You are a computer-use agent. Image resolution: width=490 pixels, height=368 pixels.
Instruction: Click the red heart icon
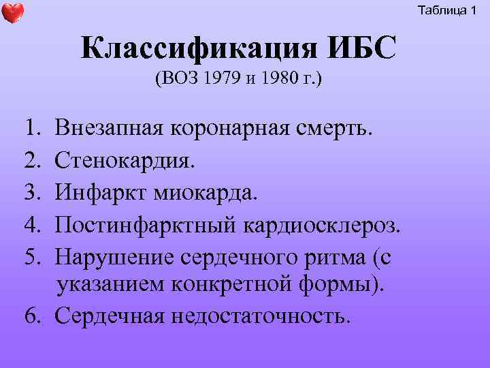click(13, 13)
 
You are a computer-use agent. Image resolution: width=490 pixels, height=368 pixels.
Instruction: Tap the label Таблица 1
click(447, 10)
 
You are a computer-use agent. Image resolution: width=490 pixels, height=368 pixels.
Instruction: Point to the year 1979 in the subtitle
click(217, 80)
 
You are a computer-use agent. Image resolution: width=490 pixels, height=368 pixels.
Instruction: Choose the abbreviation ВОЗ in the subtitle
click(178, 80)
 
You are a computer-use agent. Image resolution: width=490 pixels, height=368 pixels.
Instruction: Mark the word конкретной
click(238, 284)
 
